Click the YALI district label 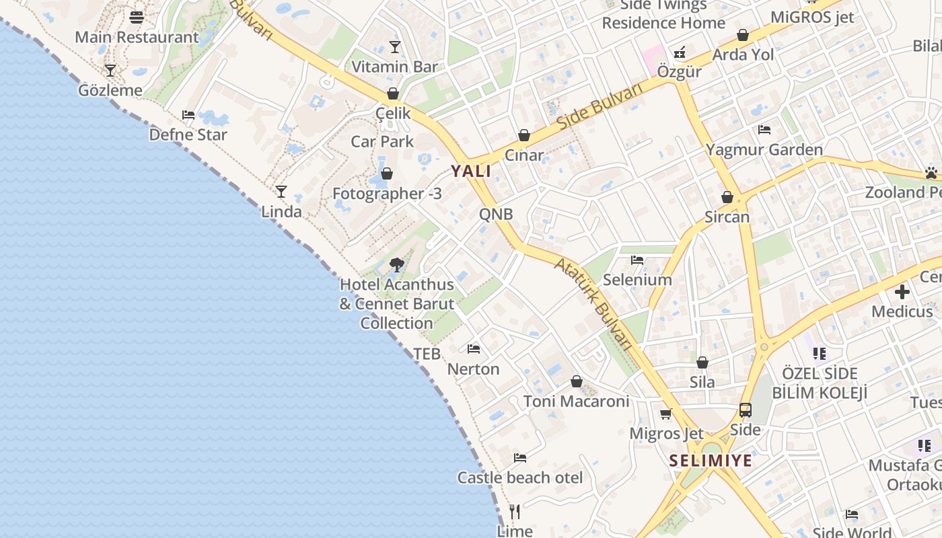coord(471,171)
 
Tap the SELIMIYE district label coord(711,461)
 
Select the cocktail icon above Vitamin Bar coord(394,47)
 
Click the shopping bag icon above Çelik coord(392,93)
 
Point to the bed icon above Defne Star coord(188,115)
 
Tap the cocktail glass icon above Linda coord(281,192)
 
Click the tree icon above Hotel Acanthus coord(396,264)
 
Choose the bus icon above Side coord(745,410)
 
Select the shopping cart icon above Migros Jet coord(665,414)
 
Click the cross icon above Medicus coord(902,292)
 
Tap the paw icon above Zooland coord(931,173)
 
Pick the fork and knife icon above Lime coord(515,512)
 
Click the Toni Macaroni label coord(577,401)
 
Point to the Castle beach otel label coord(520,477)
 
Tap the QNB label coord(496,215)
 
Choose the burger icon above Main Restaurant coord(137,17)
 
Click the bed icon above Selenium coord(637,260)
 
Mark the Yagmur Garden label coord(764,149)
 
